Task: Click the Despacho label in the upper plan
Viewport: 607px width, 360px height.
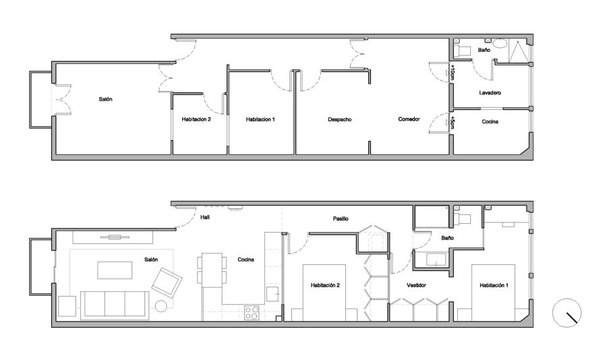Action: point(339,119)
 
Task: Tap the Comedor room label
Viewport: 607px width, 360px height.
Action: point(409,119)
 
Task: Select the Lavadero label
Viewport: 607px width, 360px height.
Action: point(490,93)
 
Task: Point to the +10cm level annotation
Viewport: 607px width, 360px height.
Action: point(453,73)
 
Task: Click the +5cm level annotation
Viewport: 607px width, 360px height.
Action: point(453,123)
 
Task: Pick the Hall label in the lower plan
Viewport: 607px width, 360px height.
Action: point(205,218)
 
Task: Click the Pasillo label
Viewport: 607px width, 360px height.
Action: point(341,218)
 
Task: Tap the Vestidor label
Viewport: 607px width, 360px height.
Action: point(416,285)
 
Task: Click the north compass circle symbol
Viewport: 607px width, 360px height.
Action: point(567,312)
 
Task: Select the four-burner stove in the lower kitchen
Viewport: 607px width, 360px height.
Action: point(252,312)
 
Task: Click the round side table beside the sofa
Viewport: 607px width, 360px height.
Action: point(161,306)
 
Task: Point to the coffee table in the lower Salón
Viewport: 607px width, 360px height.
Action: point(115,270)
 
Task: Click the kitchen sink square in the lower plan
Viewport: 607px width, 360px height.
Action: point(273,294)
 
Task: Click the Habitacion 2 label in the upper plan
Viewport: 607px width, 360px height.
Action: point(196,119)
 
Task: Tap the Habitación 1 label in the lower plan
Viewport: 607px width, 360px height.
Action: point(494,285)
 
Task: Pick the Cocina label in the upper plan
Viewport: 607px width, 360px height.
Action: point(490,121)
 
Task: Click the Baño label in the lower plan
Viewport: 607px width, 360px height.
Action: point(448,238)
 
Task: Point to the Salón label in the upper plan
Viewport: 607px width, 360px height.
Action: point(105,100)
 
